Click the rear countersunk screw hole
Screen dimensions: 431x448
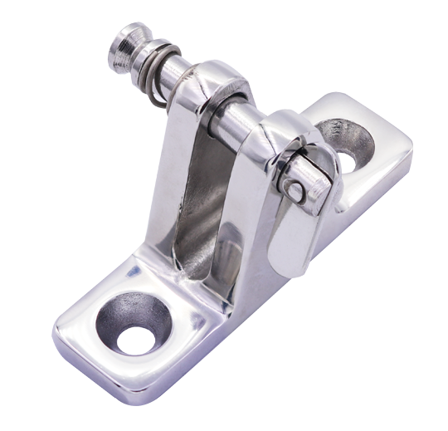pos(344,136)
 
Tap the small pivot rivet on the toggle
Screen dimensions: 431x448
pos(295,189)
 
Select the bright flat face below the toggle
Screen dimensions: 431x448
pos(286,241)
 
